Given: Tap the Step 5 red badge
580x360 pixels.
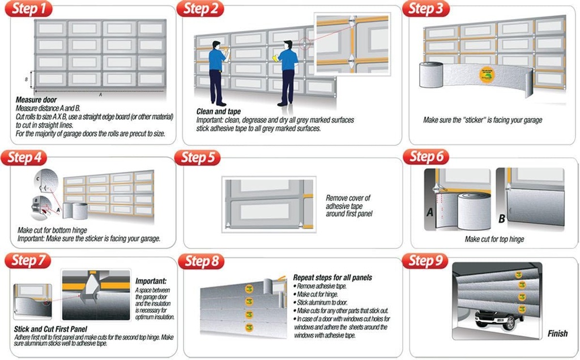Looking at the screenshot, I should click(x=198, y=157).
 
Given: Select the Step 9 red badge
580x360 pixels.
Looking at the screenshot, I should click(x=424, y=260).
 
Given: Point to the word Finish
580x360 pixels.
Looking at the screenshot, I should click(x=557, y=333).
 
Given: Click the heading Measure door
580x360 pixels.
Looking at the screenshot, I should click(x=35, y=100).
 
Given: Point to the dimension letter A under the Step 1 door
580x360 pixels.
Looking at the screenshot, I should click(x=100, y=95).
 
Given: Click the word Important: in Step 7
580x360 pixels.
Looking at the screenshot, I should click(x=151, y=281).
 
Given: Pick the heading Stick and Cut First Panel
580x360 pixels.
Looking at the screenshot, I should click(x=50, y=328).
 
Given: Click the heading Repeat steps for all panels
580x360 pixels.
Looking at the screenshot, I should click(x=332, y=278).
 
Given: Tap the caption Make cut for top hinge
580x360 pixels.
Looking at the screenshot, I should click(x=494, y=239).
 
